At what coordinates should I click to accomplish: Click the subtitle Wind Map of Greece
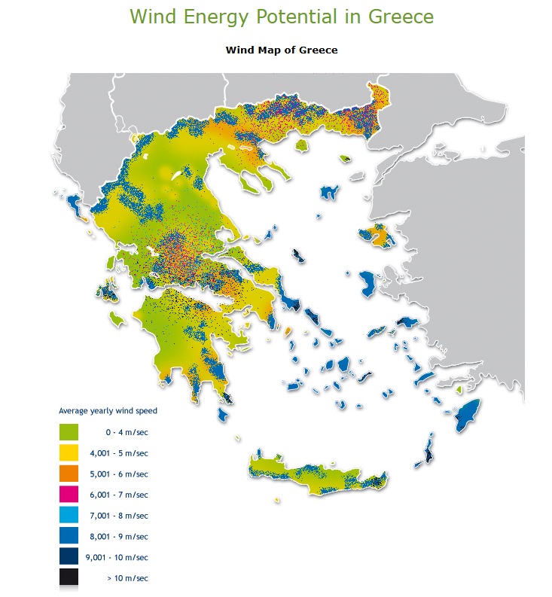[281, 50]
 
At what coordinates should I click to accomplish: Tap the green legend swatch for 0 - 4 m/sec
[69, 432]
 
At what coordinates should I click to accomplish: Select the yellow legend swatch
[69, 452]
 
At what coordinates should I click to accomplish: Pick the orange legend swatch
[69, 474]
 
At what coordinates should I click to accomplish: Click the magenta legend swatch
[69, 494]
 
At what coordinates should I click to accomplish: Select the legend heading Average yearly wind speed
[108, 411]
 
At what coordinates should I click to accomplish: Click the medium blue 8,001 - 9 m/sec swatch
[69, 535]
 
